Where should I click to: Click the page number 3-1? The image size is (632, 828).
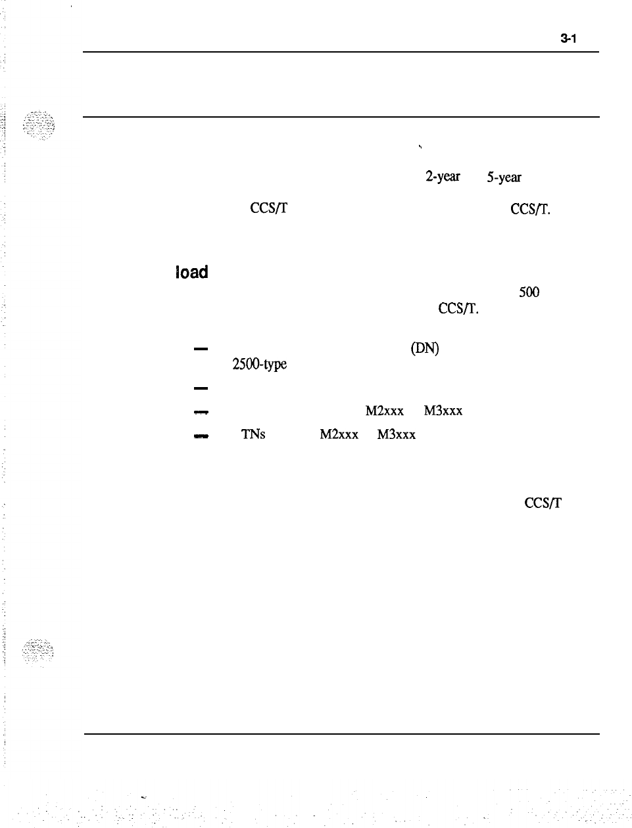(x=568, y=39)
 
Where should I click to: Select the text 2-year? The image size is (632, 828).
(x=443, y=177)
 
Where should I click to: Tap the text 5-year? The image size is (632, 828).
(x=503, y=177)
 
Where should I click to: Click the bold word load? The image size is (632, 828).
(x=191, y=272)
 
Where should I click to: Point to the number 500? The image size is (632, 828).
(x=529, y=293)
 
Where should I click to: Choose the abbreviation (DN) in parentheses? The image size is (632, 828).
(x=424, y=349)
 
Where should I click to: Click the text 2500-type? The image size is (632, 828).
(x=258, y=365)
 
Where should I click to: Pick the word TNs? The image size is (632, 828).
(x=253, y=434)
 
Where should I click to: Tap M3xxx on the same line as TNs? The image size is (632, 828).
(x=397, y=434)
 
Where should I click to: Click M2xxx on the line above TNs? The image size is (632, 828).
(x=384, y=411)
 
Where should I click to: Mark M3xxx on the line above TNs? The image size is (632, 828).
(x=443, y=411)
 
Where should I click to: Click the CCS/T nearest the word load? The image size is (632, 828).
(x=268, y=210)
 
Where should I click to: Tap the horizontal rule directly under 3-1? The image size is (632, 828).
(x=341, y=52)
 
